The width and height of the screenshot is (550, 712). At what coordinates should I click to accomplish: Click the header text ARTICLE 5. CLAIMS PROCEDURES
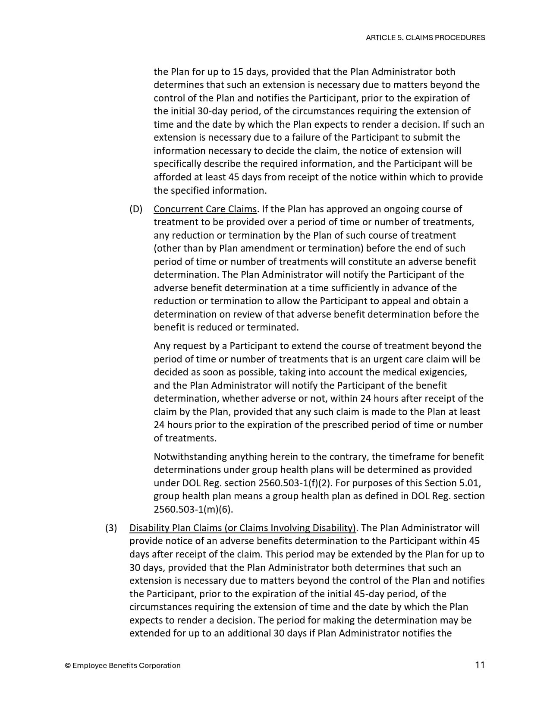tap(425, 38)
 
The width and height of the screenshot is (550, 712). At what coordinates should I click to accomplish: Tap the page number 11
tap(480, 665)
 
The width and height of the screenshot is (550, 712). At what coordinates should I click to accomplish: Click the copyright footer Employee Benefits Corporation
tap(123, 665)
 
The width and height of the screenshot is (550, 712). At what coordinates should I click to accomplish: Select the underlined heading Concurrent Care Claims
tap(205, 209)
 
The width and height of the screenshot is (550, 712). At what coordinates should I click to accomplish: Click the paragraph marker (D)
tap(136, 209)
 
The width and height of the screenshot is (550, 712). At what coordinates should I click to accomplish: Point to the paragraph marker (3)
tap(111, 528)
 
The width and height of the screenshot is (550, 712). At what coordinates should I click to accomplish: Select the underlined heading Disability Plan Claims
tap(243, 528)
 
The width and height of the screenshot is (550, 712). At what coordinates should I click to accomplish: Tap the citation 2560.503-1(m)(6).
tap(193, 509)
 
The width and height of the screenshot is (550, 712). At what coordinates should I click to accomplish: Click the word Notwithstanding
tap(190, 457)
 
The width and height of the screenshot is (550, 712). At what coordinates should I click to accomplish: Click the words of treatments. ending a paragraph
tap(185, 438)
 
